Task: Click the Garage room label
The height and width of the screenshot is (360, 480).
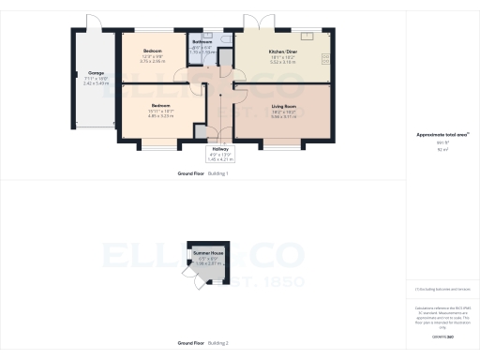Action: [x=96, y=72]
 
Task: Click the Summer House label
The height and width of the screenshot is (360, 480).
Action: [x=207, y=254]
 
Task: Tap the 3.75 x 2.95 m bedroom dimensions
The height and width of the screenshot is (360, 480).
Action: [x=153, y=60]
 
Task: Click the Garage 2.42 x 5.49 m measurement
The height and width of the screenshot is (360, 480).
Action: [x=96, y=82]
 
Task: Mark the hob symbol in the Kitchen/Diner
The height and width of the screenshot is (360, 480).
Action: [x=326, y=59]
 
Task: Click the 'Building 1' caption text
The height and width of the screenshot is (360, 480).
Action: [x=218, y=174]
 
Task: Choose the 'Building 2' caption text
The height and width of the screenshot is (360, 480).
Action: [x=218, y=343]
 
